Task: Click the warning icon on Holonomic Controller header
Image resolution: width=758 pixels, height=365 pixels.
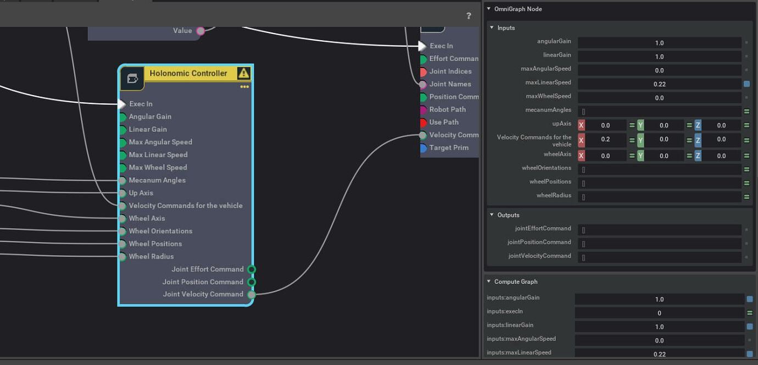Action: (243, 73)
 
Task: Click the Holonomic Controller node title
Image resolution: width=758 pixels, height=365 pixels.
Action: (188, 73)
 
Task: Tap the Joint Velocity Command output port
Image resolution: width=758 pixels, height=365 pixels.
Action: (252, 295)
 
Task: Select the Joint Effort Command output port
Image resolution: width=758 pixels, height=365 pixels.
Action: (252, 269)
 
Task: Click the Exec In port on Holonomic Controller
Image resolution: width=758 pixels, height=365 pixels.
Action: (122, 104)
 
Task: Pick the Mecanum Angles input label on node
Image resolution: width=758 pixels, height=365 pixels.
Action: (157, 180)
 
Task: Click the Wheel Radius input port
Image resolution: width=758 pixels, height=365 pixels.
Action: (122, 256)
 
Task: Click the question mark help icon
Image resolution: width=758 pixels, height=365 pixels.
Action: (469, 16)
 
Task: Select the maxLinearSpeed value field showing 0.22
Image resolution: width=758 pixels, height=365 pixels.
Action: (659, 84)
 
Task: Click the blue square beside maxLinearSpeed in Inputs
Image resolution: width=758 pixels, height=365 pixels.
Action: (746, 84)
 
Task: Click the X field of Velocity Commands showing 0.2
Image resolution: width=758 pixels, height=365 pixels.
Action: (605, 139)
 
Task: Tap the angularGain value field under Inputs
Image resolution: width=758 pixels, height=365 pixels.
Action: (659, 43)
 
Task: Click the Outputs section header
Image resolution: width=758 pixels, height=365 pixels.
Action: (508, 215)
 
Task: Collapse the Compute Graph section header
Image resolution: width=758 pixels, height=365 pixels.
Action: (515, 281)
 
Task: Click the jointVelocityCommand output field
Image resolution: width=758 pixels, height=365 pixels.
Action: (659, 257)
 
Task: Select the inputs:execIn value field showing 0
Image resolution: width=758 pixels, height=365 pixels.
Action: (659, 313)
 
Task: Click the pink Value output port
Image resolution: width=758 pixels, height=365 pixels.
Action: (200, 31)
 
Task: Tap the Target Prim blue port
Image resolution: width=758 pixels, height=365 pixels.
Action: (423, 148)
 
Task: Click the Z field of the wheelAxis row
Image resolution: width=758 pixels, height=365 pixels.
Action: (721, 156)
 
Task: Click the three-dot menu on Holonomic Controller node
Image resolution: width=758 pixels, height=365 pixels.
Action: (244, 87)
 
